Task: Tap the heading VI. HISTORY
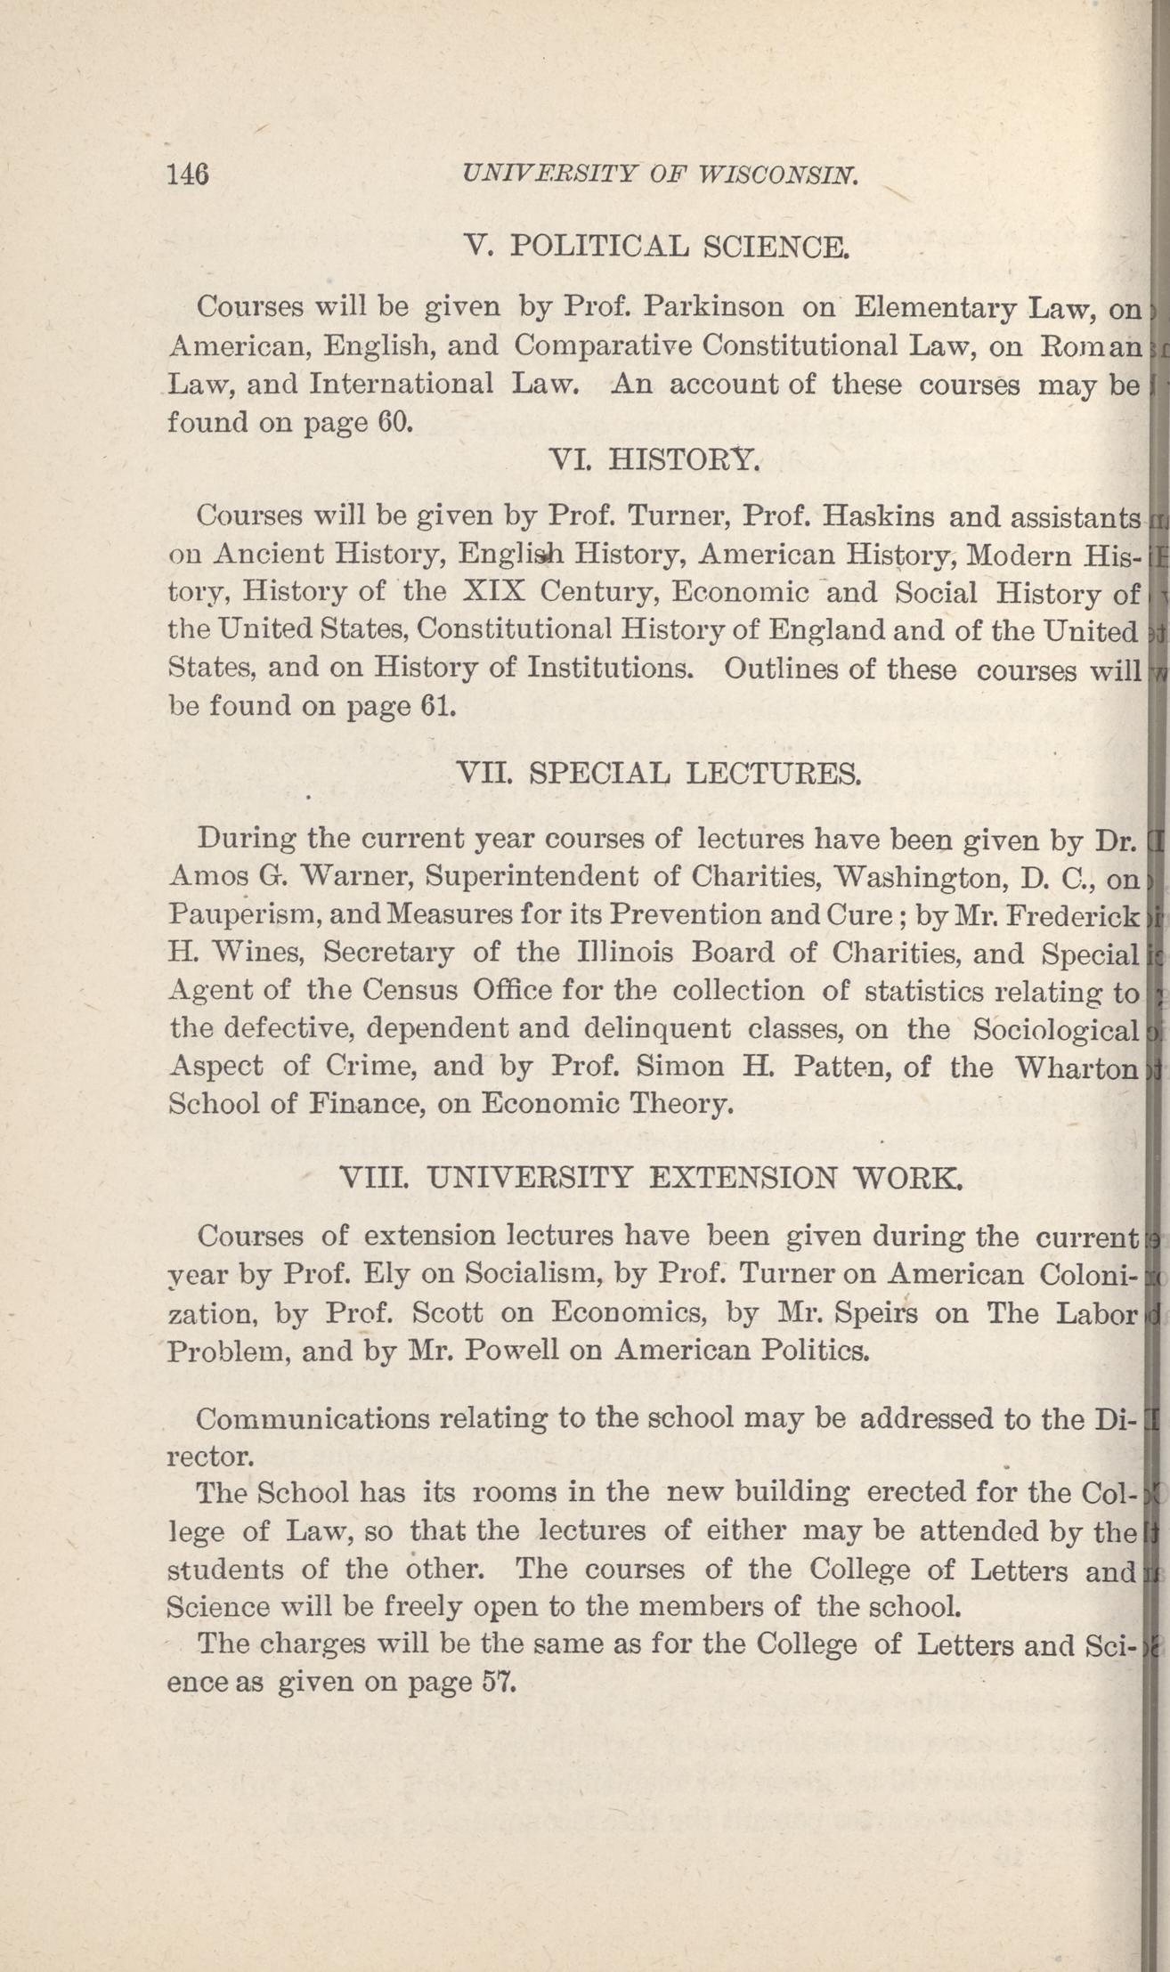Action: click(655, 459)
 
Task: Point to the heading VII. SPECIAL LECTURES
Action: click(658, 773)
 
